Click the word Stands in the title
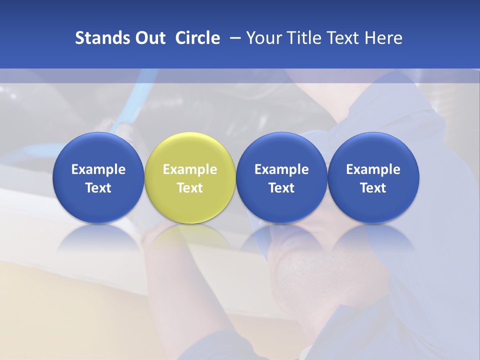(98, 38)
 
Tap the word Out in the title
(149, 38)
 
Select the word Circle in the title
(197, 38)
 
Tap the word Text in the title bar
(344, 38)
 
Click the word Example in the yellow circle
(190, 169)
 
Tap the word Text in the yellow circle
(190, 188)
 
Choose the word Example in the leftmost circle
(98, 169)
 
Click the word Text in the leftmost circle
(98, 188)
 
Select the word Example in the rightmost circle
(373, 169)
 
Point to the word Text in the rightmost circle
(373, 188)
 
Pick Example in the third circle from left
(281, 169)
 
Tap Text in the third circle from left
(281, 188)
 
